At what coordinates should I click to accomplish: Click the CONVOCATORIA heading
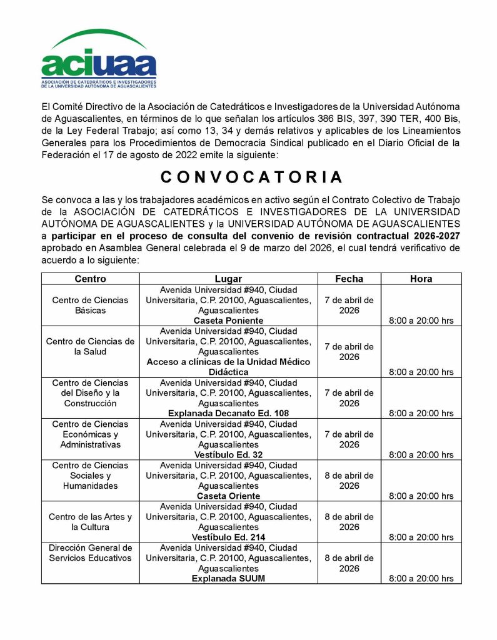(251, 177)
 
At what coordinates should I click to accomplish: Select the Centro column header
(91, 279)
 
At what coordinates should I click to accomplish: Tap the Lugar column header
(228, 279)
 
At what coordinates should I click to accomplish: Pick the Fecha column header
(349, 279)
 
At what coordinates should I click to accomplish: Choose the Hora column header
(421, 279)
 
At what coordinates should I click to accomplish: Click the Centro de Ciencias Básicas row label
(91, 305)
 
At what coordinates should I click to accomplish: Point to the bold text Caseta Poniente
(228, 321)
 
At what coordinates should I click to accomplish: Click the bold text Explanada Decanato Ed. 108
(228, 413)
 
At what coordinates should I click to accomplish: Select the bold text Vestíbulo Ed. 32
(228, 454)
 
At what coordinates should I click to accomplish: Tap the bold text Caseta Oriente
(228, 496)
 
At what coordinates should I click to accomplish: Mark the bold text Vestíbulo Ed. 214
(228, 537)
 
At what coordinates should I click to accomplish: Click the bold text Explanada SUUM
(228, 578)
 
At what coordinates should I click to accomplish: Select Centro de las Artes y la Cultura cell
(91, 522)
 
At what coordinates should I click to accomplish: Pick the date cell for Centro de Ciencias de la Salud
(349, 351)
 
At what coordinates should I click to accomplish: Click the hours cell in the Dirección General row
(421, 579)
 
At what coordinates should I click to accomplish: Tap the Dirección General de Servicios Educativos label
(91, 552)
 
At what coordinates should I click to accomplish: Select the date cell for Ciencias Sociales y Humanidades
(349, 480)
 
